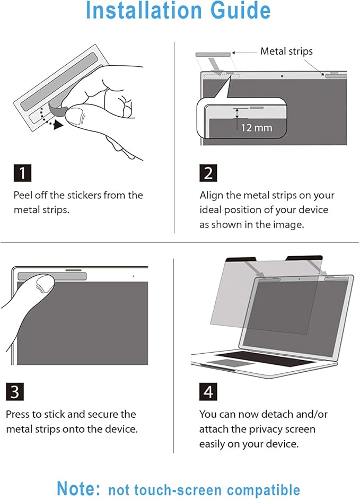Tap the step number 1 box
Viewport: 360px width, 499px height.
point(23,173)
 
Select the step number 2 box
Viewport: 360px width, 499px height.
point(208,173)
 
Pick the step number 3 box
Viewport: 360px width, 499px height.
point(15,392)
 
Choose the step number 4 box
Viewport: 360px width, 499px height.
point(208,392)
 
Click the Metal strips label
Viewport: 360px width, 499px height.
point(286,51)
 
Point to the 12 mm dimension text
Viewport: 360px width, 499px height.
point(257,128)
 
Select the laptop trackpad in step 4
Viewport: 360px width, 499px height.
point(225,363)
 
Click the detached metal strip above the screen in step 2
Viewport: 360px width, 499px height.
point(213,55)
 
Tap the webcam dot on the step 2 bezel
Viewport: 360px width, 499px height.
point(282,76)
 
